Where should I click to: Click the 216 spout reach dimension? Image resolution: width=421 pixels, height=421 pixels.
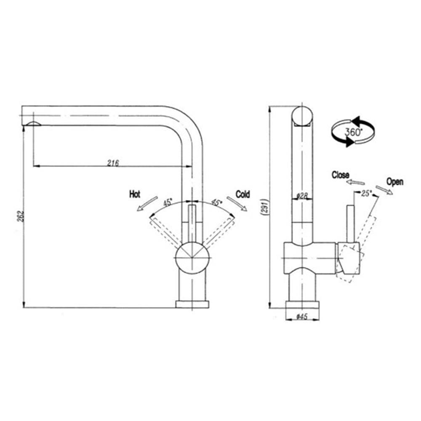point(113,163)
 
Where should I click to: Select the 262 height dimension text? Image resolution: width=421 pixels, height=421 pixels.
point(21,216)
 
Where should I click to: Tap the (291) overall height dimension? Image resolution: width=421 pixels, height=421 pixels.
point(264,207)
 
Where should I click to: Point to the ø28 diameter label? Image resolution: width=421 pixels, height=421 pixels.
point(302,196)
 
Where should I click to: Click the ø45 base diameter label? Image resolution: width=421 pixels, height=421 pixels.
point(302,317)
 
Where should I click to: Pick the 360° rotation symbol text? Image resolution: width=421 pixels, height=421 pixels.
point(354,132)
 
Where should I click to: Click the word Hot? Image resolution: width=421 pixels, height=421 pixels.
point(135,194)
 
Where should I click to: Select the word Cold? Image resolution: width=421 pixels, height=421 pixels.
point(243,194)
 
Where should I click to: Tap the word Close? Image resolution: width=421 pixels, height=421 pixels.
point(341,175)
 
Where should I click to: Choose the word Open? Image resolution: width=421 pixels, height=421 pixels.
point(395,182)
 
